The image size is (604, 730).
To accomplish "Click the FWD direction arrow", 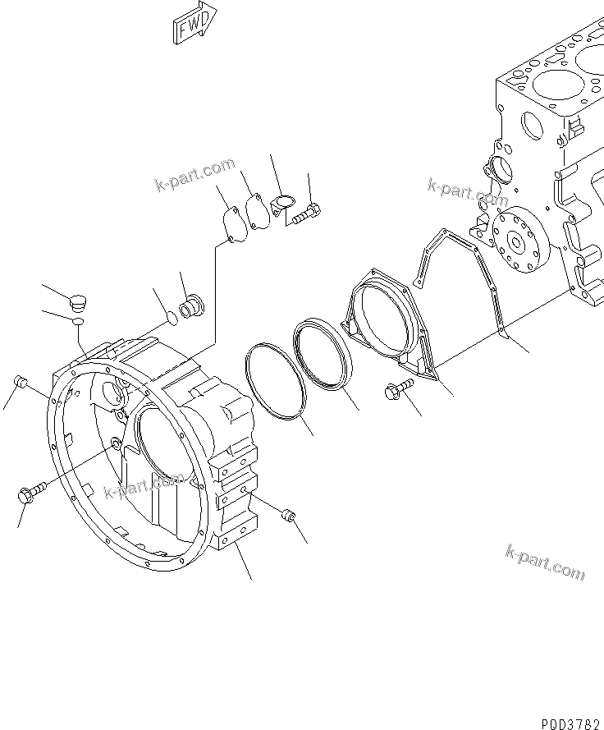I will point(194,22).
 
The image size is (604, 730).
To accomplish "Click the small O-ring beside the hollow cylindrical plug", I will point(169,317).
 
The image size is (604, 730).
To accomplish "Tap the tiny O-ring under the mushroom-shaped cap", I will point(77,323).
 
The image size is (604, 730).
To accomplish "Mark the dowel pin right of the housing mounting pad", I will point(288,516).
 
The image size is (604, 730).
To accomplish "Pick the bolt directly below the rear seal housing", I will point(395,393).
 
